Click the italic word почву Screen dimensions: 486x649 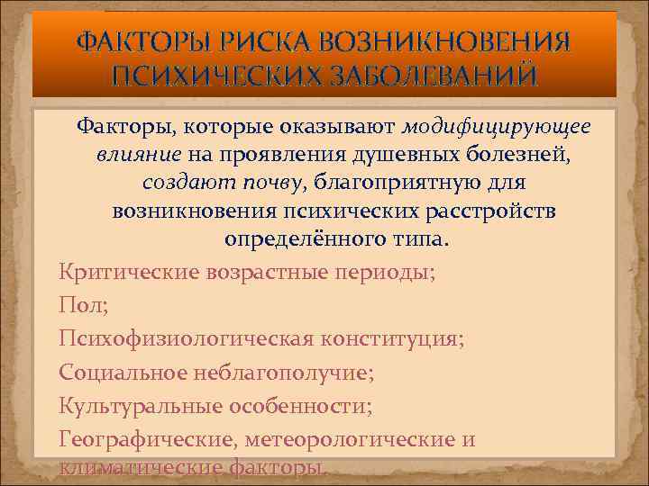[x=271, y=184]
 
